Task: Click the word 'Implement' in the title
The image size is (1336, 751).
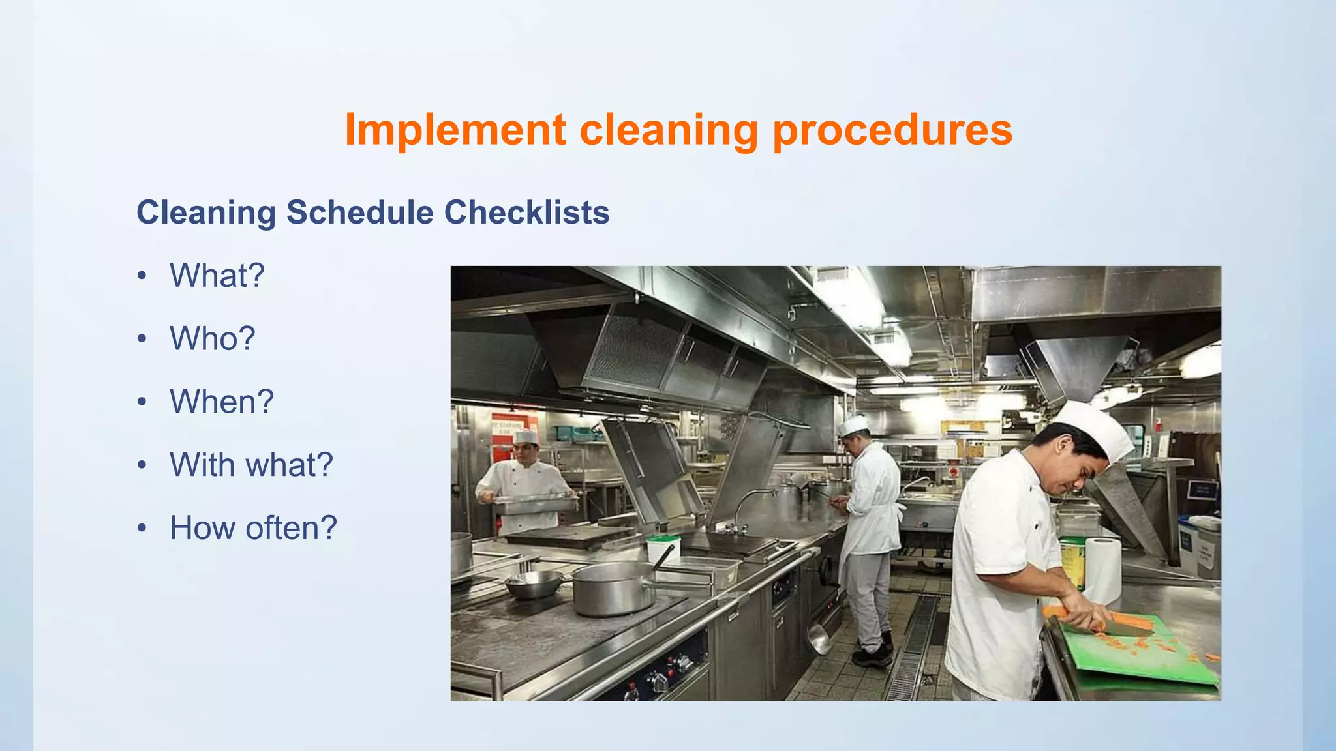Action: pos(455,129)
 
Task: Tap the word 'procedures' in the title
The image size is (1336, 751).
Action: pos(892,129)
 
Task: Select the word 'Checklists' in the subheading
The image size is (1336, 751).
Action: pos(526,213)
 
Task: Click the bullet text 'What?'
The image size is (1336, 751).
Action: pos(217,275)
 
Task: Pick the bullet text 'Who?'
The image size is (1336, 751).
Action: pos(213,338)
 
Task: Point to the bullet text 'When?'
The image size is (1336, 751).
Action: pos(222,402)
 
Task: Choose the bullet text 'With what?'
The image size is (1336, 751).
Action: pos(251,465)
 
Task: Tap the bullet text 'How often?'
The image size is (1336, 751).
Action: pos(253,528)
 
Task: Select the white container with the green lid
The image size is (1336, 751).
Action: pos(663,550)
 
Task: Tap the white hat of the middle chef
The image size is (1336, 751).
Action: pos(853,426)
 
